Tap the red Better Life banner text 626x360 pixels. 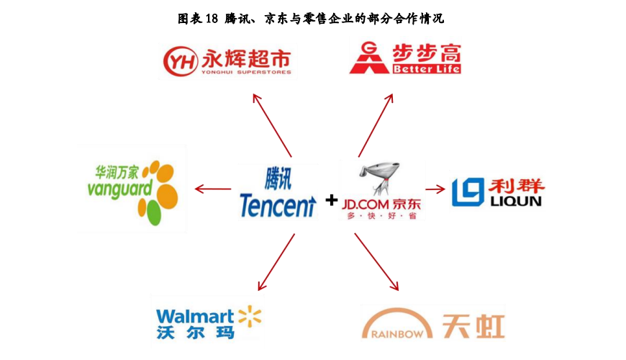pyautogui.click(x=425, y=69)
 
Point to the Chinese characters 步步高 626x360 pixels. pyautogui.click(x=428, y=53)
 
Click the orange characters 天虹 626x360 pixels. pyautogui.click(x=474, y=325)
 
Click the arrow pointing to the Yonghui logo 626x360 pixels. pyautogui.click(x=272, y=125)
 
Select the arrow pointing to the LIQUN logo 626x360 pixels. pyautogui.click(x=435, y=189)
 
